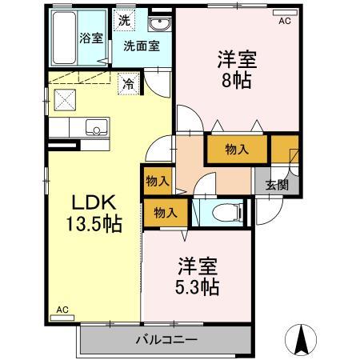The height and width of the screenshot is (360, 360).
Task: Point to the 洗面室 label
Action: [141, 46]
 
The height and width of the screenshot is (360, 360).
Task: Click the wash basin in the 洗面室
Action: [156, 22]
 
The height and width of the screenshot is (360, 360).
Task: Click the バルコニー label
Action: [166, 339]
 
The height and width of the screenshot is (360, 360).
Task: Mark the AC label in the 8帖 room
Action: [284, 22]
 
